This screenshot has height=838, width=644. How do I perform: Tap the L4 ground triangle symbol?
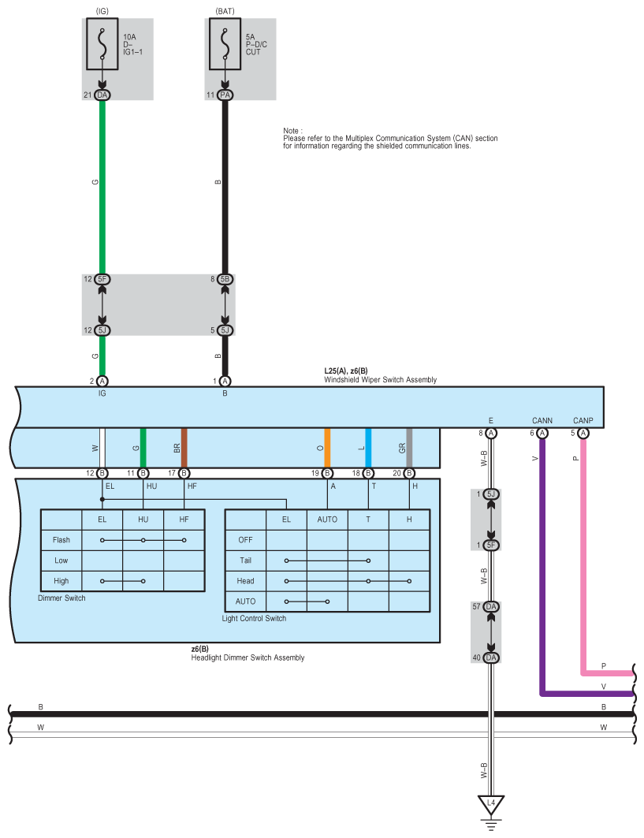pos(491,804)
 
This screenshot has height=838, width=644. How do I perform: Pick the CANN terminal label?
pos(542,420)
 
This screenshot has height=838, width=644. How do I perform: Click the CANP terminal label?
pos(583,420)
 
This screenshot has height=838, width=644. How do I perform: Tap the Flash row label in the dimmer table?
pos(61,540)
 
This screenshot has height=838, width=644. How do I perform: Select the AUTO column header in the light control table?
pos(327,520)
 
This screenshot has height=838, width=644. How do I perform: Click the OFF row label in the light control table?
pos(245,540)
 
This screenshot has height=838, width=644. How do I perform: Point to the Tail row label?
pos(245,561)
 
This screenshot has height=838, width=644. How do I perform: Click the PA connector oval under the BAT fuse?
pos(225,95)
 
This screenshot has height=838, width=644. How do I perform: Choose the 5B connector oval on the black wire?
pos(225,280)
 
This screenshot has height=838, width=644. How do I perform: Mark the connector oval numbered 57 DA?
pos(491,607)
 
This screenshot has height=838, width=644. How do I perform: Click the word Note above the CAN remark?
pos(293,130)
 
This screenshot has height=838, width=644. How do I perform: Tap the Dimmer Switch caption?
pos(61,598)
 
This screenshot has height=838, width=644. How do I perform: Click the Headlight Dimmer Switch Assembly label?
pos(248,657)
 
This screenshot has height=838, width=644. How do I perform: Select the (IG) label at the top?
pos(102,10)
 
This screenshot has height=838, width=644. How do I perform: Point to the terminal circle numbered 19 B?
pos(327,473)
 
